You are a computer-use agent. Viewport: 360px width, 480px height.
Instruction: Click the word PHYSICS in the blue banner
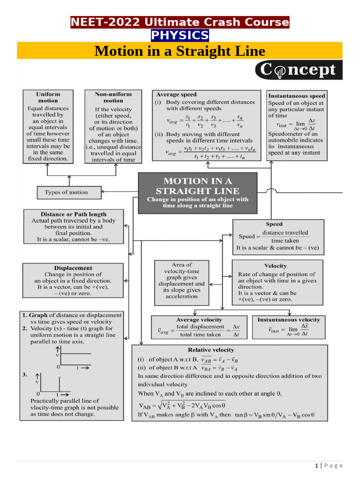click(x=180, y=36)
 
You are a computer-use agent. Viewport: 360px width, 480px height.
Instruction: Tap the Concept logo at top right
click(x=299, y=70)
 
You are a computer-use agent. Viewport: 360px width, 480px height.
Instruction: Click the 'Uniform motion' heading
click(x=48, y=97)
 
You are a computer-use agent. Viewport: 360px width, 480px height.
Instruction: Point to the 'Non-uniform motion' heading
click(x=113, y=97)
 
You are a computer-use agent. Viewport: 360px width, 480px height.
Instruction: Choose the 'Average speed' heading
click(x=176, y=94)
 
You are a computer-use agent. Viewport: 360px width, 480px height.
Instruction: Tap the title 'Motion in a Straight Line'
click(x=180, y=51)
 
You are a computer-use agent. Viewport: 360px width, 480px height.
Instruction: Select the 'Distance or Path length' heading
click(x=74, y=214)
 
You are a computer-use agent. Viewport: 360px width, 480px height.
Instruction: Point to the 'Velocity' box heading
click(x=276, y=266)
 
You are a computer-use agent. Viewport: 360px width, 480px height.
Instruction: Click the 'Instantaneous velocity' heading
click(x=289, y=320)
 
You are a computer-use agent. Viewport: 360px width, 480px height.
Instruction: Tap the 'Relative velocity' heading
click(x=210, y=350)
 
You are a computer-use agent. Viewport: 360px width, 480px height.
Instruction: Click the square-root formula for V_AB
click(x=182, y=405)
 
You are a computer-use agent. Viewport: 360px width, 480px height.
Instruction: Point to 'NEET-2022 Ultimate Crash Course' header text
click(x=180, y=22)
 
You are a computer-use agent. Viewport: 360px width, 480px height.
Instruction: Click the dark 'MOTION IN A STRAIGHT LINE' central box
click(x=197, y=193)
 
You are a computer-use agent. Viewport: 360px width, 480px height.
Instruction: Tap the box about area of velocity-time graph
click(x=181, y=280)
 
